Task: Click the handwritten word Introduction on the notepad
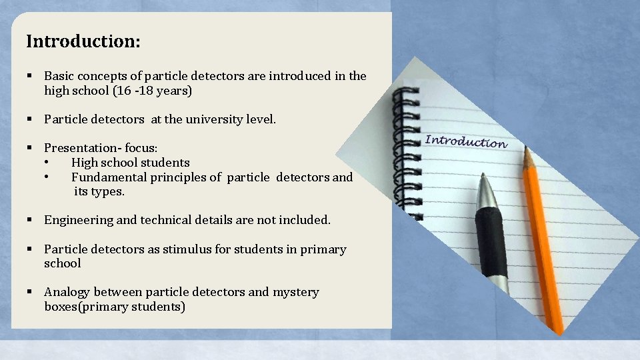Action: pos(466,141)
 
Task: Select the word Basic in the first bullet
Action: pos(60,76)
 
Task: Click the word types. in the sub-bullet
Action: pos(108,191)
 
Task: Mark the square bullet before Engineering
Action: pos(29,220)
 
